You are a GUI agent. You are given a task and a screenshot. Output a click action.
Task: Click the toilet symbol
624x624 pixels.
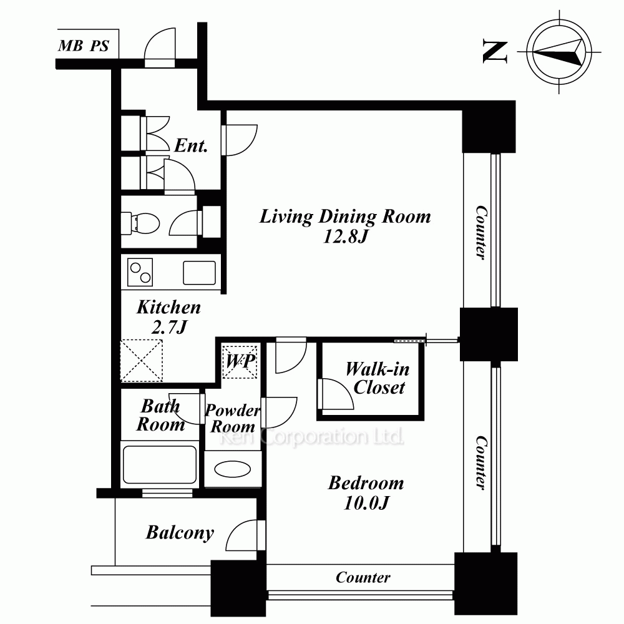pos(140,223)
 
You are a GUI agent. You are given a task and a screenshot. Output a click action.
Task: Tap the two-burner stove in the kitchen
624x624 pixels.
pos(140,272)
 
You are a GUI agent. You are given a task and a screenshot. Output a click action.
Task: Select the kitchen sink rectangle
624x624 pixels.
pos(200,273)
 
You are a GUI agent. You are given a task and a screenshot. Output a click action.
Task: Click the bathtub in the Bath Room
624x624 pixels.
pos(160,464)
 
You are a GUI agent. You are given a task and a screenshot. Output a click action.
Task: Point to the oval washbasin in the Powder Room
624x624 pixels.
pos(232,469)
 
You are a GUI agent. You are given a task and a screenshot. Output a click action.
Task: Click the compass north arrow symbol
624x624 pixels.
pos(559,52)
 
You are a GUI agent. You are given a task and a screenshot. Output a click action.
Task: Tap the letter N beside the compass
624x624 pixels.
pos(495,51)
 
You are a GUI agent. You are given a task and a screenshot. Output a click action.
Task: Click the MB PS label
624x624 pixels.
pos(84,46)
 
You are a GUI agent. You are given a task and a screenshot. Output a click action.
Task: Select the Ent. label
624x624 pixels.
pos(192,145)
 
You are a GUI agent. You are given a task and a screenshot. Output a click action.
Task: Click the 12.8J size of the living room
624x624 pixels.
pos(346,236)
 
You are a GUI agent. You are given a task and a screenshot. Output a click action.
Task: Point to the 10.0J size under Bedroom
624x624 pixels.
pos(366,503)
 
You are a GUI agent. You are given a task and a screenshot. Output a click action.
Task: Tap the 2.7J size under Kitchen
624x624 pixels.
pos(169,327)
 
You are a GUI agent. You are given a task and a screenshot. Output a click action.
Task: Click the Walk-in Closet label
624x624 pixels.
pos(378,378)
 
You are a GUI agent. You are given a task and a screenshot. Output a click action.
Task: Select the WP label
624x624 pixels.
pos(240,361)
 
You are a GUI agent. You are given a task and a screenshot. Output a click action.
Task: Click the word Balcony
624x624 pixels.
pos(180,533)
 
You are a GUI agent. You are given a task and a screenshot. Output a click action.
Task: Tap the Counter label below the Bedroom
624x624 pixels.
pos(363,577)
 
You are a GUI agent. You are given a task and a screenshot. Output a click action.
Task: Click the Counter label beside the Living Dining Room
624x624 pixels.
pos(481,233)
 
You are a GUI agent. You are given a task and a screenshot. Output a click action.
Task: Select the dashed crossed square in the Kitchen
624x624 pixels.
pos(142,361)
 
